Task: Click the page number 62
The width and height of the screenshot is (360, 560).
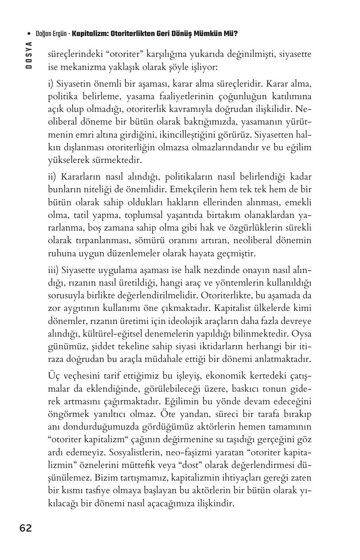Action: pyautogui.click(x=26, y=528)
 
